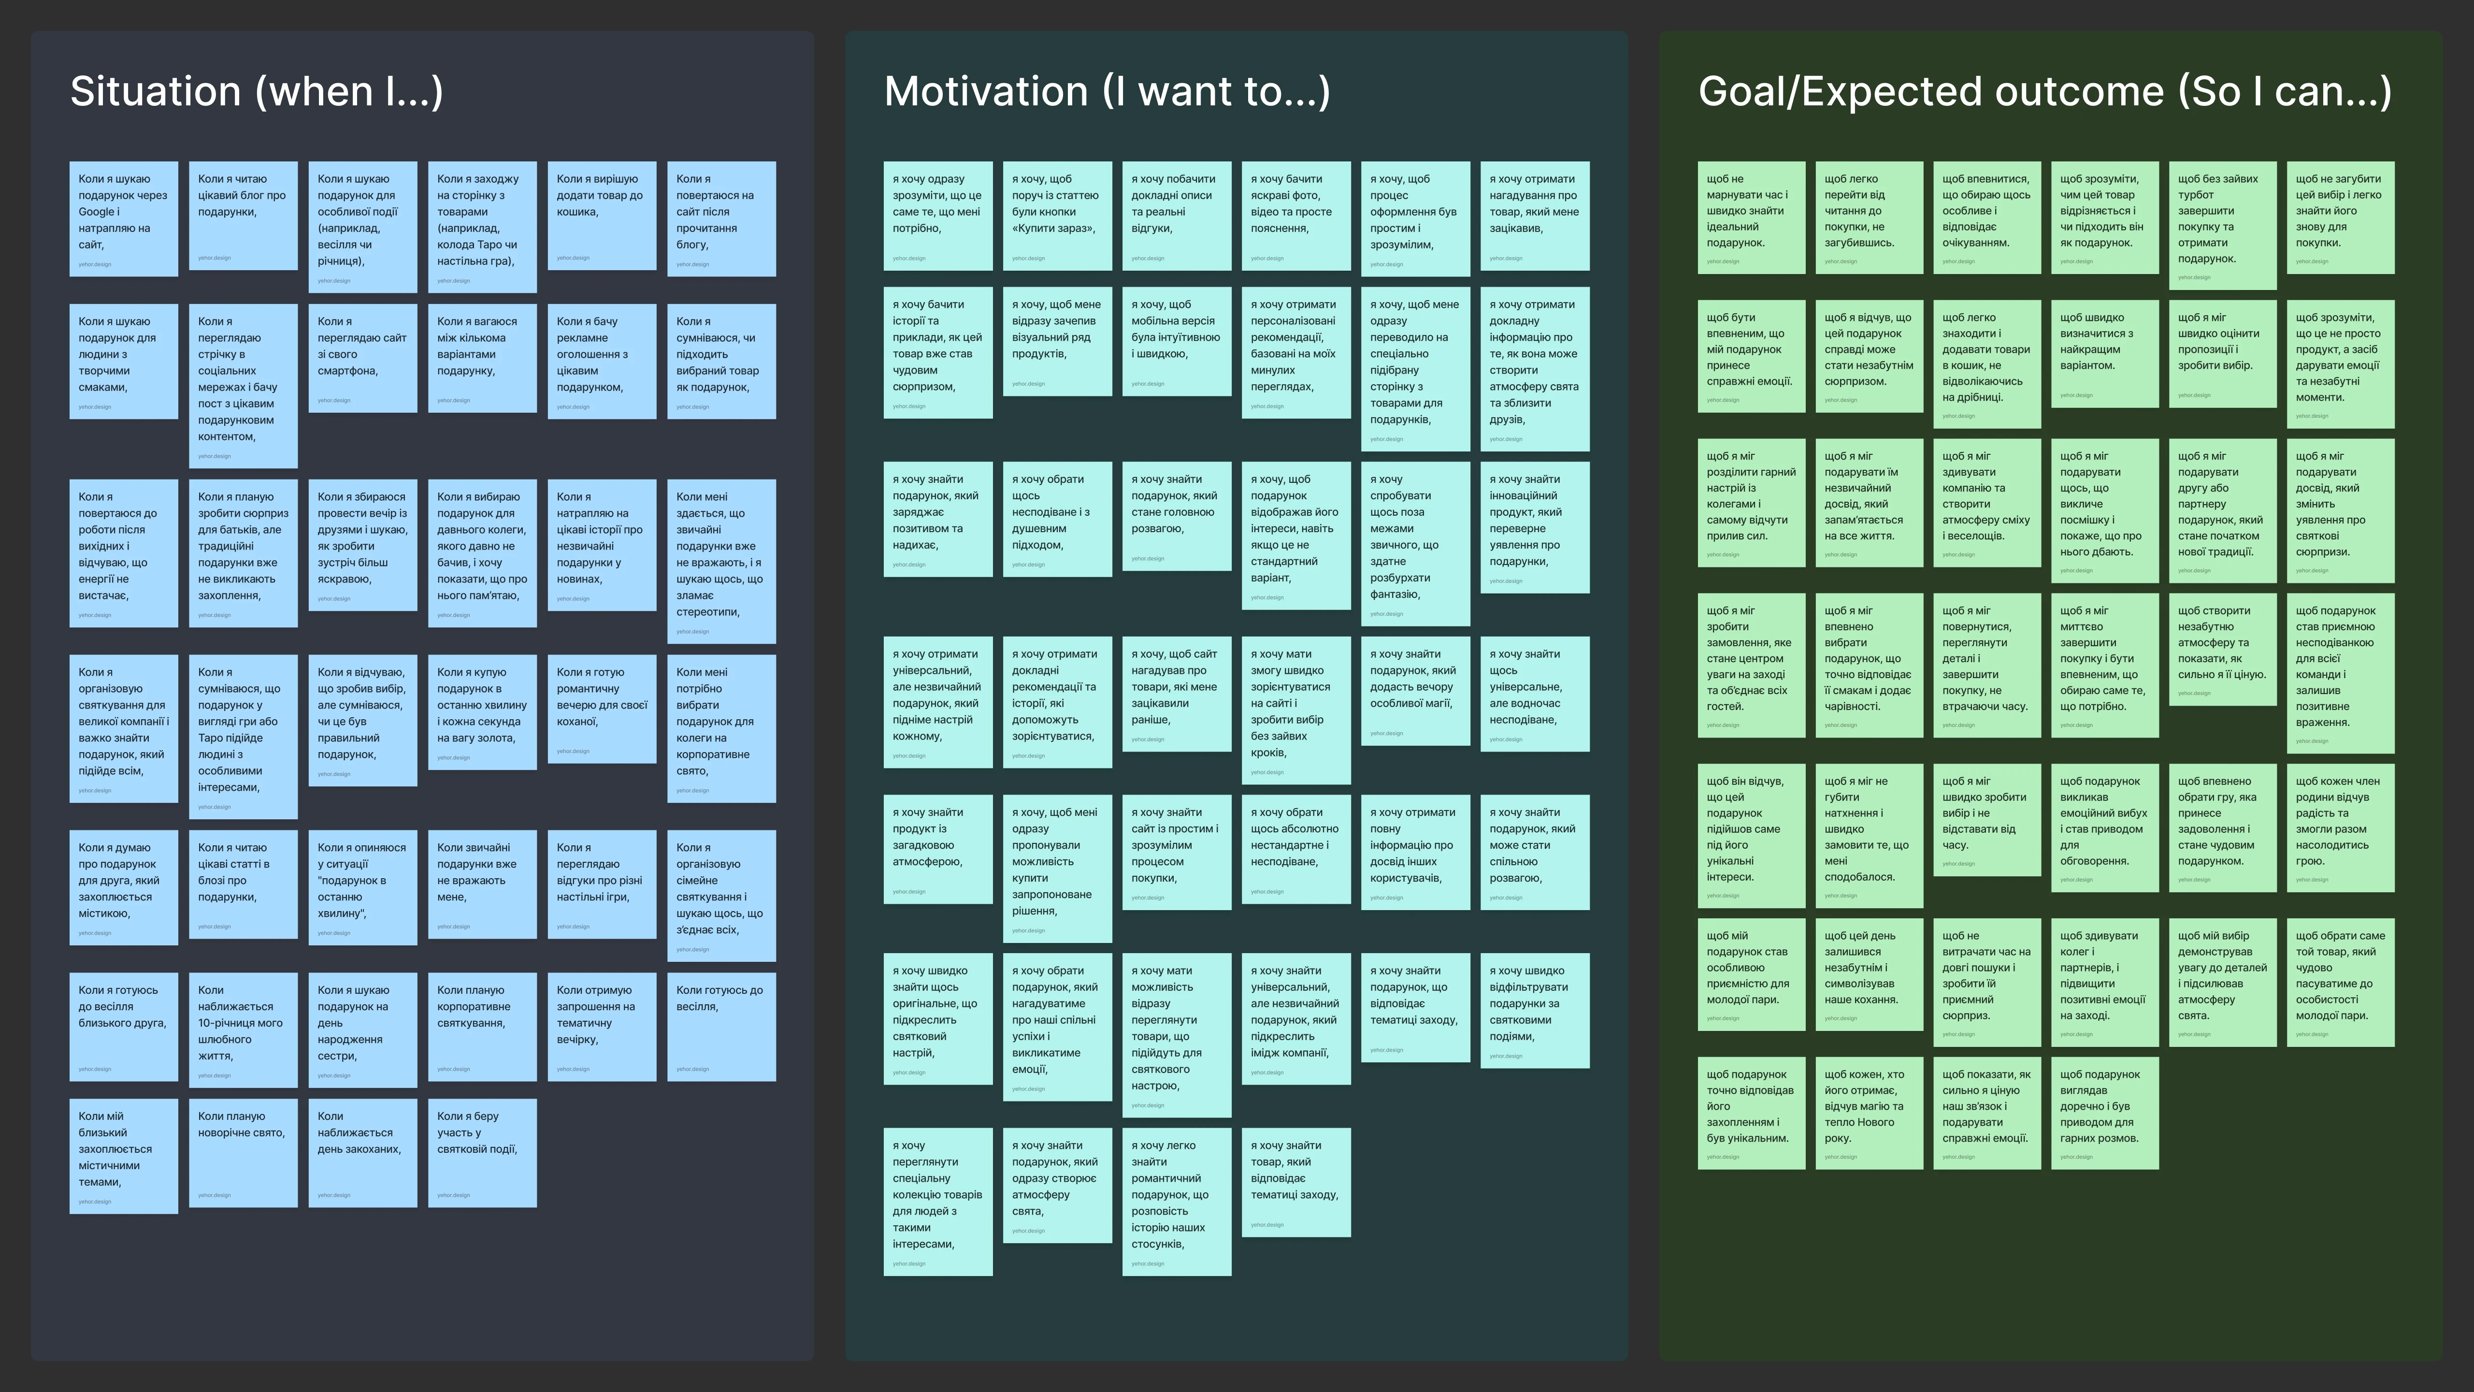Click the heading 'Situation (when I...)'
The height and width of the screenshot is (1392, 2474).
257,91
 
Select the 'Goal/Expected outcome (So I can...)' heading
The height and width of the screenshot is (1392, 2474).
2045,91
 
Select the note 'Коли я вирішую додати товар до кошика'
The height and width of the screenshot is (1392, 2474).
601,215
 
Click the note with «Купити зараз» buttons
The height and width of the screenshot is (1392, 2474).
1056,215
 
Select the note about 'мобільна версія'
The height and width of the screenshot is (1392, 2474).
1176,341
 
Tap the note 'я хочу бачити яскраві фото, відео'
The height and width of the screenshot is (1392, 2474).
1295,215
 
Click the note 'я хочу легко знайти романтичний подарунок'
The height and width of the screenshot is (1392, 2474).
1176,1201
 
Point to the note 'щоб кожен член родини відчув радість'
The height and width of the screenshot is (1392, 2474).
2340,827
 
